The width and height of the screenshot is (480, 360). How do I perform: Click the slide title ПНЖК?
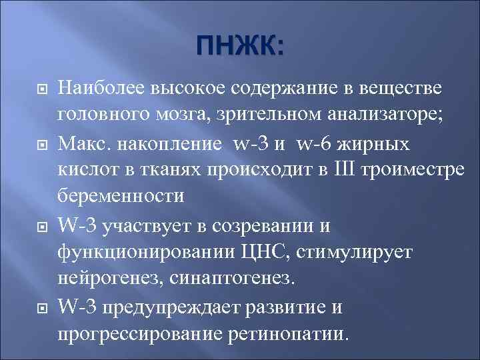239,47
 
